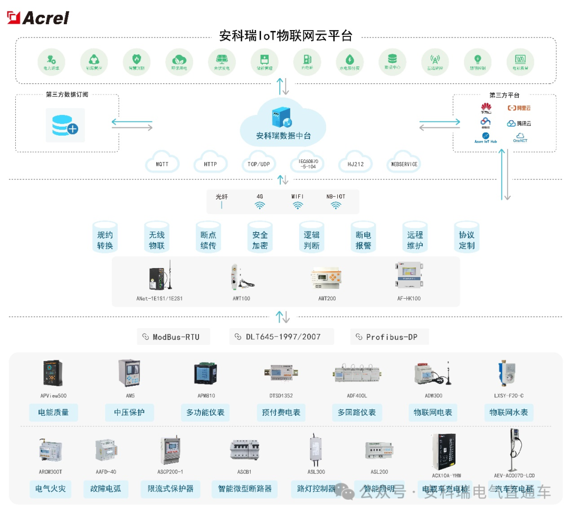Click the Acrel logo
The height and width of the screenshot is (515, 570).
(38, 17)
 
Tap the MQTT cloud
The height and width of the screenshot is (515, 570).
(162, 164)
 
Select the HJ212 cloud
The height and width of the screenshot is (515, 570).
(355, 164)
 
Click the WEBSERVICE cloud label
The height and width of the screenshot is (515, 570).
(404, 164)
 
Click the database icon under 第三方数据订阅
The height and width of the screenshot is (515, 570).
(65, 125)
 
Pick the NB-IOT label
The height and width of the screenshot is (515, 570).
(336, 197)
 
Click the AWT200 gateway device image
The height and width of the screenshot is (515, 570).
(327, 279)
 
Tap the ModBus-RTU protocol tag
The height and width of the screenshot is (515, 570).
(174, 337)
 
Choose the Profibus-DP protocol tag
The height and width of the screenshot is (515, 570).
(389, 337)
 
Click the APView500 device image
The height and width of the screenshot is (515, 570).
(53, 374)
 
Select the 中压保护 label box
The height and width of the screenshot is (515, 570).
(129, 412)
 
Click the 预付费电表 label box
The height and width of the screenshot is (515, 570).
(281, 412)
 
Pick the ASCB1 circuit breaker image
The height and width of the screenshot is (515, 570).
(244, 450)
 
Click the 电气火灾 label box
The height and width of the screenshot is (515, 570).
(50, 489)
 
